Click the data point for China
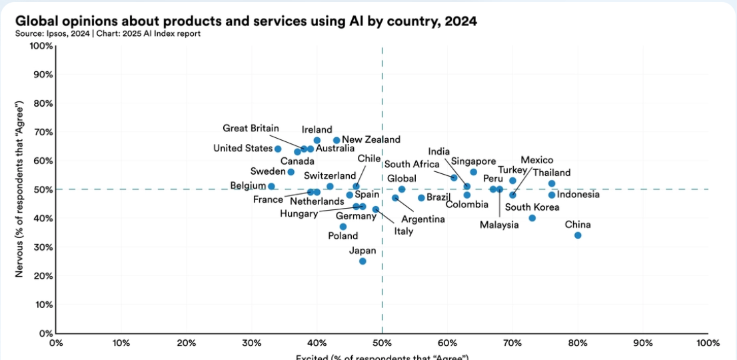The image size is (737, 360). tap(578, 235)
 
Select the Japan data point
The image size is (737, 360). tap(363, 261)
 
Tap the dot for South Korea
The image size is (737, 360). tap(532, 218)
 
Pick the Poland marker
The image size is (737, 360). tap(343, 227)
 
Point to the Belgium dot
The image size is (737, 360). tap(271, 187)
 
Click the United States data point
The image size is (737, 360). tap(278, 149)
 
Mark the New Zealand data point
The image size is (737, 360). tap(337, 141)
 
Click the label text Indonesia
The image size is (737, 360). tap(578, 195)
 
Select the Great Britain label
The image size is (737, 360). tap(251, 129)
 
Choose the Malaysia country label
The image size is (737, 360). tap(499, 225)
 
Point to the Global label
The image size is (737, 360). tap(402, 179)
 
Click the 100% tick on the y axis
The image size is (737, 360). tap(41, 46)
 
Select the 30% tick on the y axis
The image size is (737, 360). tap(43, 247)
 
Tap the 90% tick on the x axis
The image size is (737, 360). tap(643, 343)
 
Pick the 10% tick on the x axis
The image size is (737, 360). tap(121, 343)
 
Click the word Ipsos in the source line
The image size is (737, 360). tap(55, 33)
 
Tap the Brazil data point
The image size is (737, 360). tap(421, 198)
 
